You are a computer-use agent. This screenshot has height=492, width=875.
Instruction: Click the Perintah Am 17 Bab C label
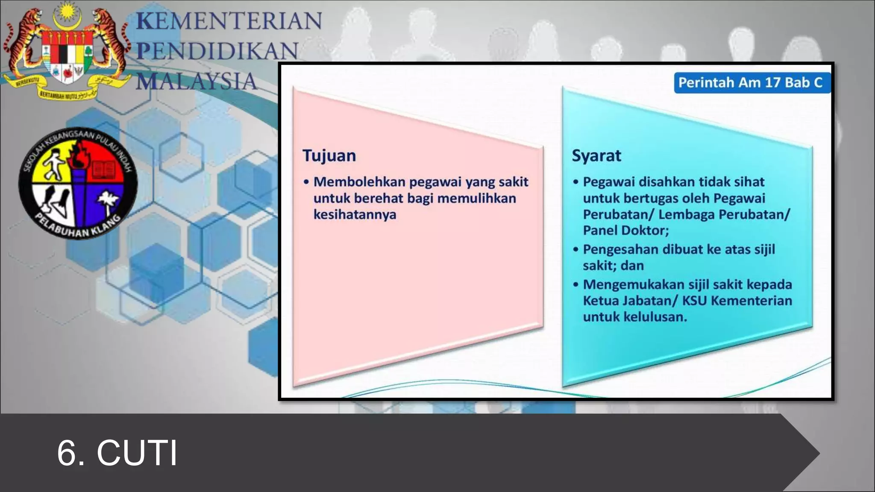click(x=750, y=82)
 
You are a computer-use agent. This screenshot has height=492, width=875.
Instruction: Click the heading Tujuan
click(x=329, y=155)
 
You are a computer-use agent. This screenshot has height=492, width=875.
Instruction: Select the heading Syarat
click(x=596, y=155)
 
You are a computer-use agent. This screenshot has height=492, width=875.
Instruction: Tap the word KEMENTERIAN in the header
click(x=229, y=21)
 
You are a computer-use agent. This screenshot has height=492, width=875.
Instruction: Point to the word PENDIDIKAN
click(x=217, y=51)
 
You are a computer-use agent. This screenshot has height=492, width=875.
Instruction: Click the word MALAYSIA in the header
click(x=197, y=81)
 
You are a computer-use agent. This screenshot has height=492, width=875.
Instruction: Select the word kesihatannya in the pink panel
click(x=355, y=214)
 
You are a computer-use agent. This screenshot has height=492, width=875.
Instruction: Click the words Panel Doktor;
click(x=625, y=231)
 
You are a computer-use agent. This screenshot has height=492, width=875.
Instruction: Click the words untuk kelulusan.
click(x=634, y=317)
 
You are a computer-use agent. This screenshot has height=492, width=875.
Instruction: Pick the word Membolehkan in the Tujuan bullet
click(x=359, y=182)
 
